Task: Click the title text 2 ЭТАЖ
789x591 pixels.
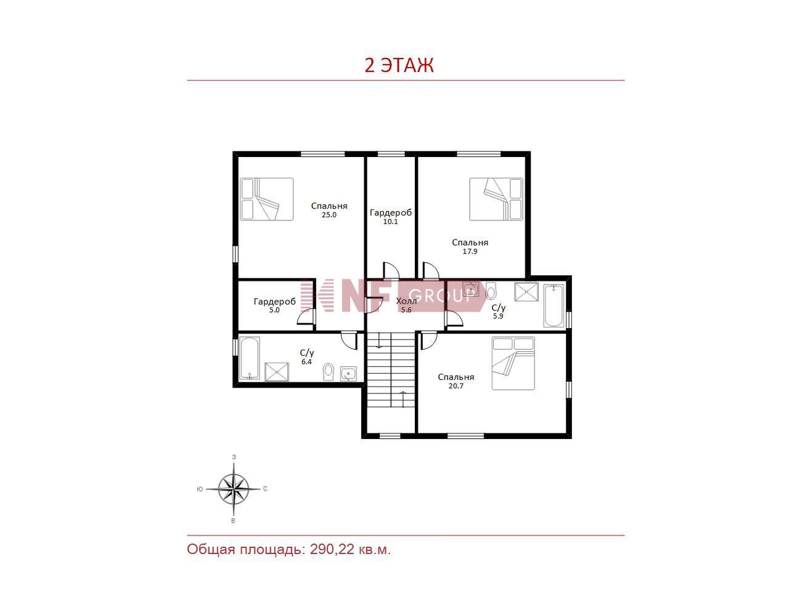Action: coord(399,65)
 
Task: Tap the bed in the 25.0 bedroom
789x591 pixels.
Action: coord(267,199)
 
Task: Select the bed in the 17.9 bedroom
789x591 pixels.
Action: coord(496,199)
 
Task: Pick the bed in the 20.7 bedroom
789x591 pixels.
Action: coord(513,363)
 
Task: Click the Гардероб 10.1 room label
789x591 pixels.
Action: coord(391,217)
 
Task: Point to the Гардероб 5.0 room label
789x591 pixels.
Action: coord(275,305)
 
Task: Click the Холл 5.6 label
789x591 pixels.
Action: coord(406,305)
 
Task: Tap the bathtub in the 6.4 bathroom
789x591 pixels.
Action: coord(250,358)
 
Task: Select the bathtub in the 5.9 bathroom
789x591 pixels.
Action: coord(554,306)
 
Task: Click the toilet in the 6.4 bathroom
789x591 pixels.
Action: coord(328,372)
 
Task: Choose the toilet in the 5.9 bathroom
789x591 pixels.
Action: coord(491,291)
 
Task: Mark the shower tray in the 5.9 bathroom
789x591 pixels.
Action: coord(526,292)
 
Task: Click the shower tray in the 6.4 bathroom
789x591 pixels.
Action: coord(276,372)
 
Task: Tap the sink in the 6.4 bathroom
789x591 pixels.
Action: coord(348,374)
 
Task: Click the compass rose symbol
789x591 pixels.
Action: coord(234,489)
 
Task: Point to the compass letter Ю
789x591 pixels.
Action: coord(200,489)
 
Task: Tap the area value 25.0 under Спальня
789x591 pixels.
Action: coord(329,215)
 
